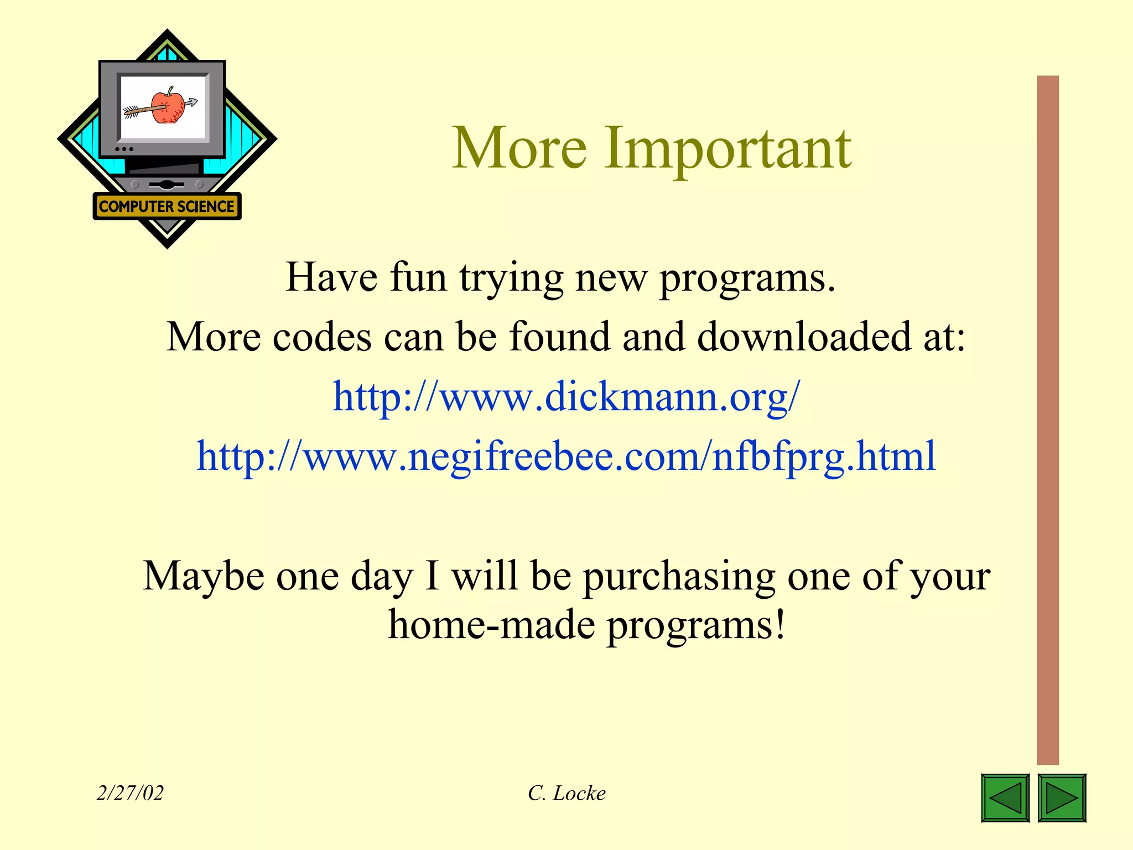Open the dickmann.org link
click(x=566, y=397)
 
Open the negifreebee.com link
click(x=566, y=457)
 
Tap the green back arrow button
click(x=1005, y=797)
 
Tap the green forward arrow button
click(x=1062, y=797)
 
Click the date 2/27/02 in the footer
click(x=130, y=793)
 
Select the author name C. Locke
click(x=566, y=793)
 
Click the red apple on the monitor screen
click(x=168, y=106)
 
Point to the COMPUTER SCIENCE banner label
click(x=167, y=206)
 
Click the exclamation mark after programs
click(x=780, y=624)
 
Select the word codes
click(x=322, y=336)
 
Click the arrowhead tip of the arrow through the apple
click(x=193, y=102)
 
